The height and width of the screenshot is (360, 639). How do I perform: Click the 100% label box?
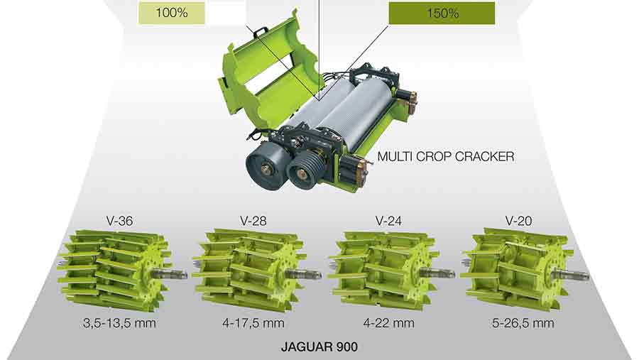[172, 13]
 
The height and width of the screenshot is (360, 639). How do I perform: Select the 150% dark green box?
[442, 13]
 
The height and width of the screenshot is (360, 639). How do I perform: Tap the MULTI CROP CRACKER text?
[446, 156]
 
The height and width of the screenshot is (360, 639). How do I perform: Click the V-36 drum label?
[119, 221]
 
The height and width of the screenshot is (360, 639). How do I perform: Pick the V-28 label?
[253, 221]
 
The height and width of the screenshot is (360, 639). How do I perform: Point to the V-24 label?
[388, 221]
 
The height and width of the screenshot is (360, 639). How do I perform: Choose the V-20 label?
[519, 221]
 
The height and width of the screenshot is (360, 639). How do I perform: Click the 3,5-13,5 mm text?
[119, 323]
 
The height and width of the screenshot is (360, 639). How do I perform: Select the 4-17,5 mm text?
[253, 323]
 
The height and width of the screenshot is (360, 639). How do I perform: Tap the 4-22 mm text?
[389, 323]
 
